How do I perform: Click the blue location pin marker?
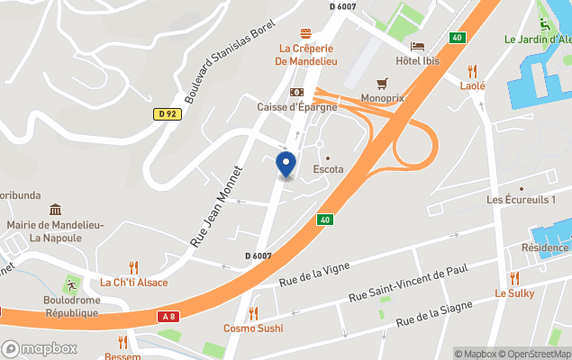(285, 165)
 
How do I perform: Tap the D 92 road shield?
(166, 113)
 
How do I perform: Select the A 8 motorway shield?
(168, 316)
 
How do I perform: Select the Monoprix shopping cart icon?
(382, 83)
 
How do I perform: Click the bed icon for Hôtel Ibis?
(417, 46)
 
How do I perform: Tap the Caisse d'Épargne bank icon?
(295, 93)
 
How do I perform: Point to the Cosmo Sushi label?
(253, 328)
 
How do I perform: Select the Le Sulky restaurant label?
(514, 293)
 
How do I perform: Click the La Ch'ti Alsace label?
(133, 282)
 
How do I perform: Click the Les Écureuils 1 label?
(522, 199)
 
